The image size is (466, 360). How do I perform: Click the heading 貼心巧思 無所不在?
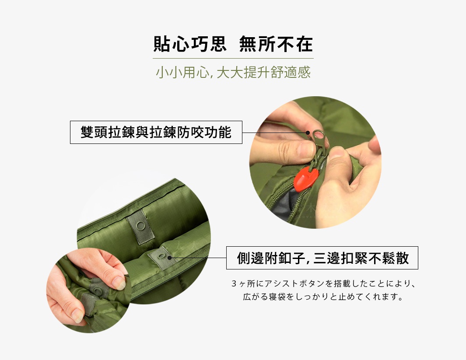(x=233, y=45)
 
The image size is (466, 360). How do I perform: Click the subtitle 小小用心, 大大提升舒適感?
(x=233, y=72)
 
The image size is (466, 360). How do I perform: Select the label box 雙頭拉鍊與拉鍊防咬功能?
(x=156, y=132)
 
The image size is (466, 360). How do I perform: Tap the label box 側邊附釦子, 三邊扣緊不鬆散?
(x=322, y=258)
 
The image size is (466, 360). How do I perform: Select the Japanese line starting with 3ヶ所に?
(x=322, y=284)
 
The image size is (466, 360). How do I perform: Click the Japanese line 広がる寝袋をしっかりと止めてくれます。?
(x=322, y=297)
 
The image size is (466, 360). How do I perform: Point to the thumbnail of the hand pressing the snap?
(x=88, y=291)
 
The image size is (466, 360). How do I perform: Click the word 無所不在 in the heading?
(x=276, y=45)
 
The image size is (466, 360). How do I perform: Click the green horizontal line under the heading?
(x=233, y=58)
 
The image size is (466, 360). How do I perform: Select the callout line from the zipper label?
(x=273, y=132)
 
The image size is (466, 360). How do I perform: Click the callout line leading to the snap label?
(x=197, y=258)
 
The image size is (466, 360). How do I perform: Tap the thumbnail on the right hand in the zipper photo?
(x=336, y=153)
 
